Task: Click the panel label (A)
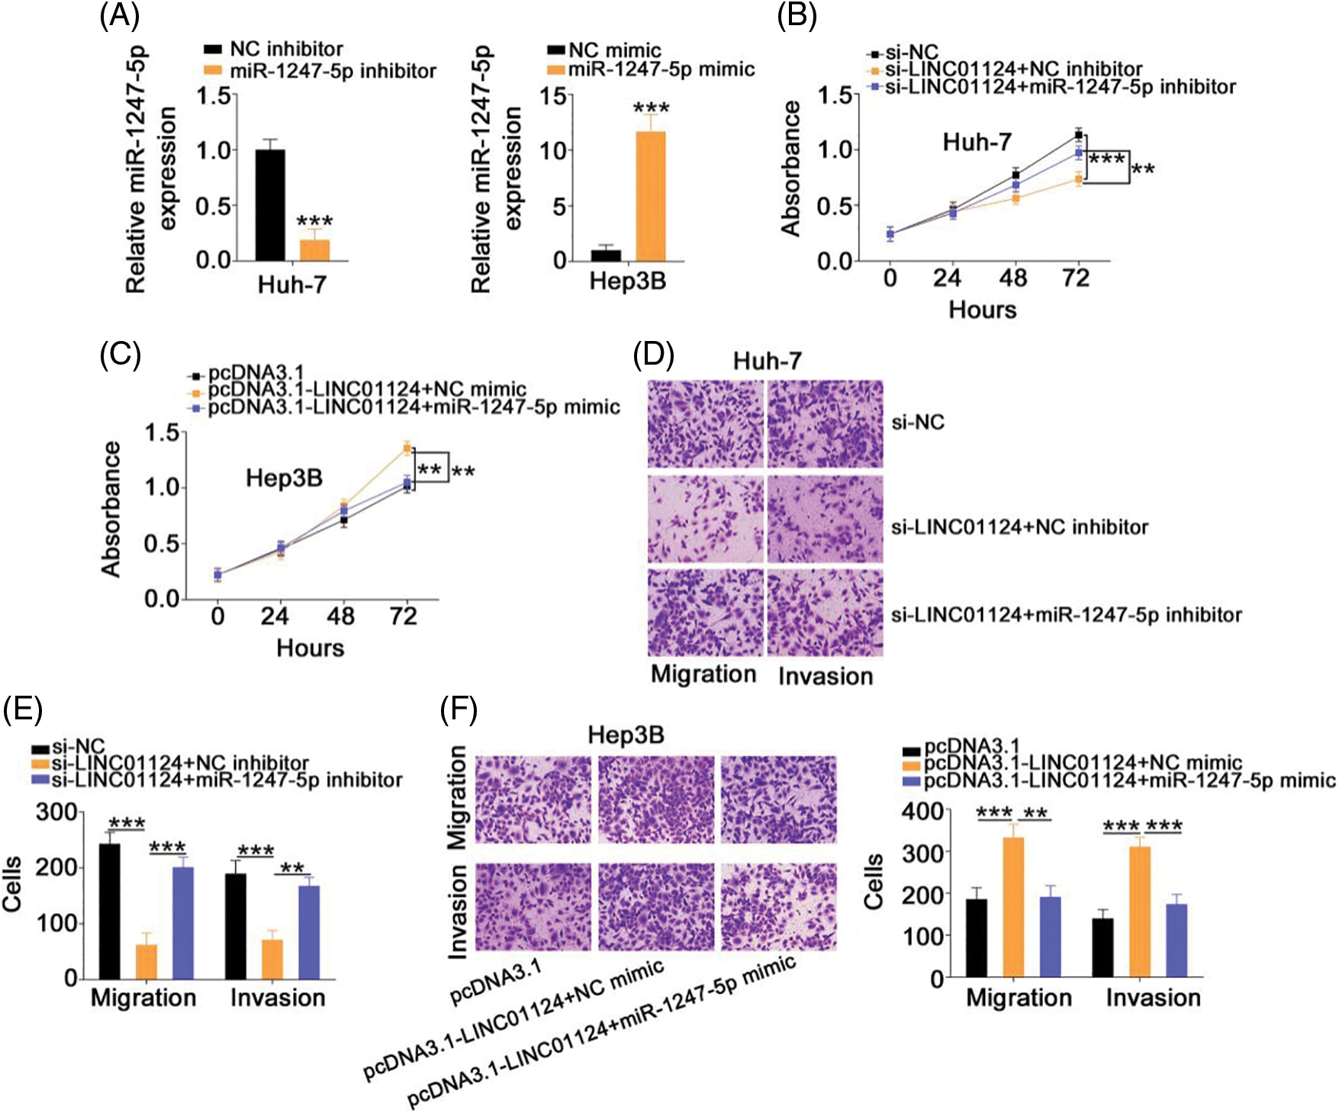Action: click(120, 17)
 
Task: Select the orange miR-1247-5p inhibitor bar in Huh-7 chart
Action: click(314, 250)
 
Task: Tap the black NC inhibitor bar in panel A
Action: click(270, 205)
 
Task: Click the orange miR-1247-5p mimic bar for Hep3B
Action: click(650, 196)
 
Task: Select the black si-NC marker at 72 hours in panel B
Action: click(1078, 135)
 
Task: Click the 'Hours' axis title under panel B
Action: click(983, 310)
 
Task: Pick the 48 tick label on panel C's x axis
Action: click(340, 616)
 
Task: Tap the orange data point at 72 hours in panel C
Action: click(407, 448)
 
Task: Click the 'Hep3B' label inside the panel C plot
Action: click(284, 479)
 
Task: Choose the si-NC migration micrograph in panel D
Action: click(705, 424)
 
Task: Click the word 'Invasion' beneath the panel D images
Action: click(826, 677)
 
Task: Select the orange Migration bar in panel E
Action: click(146, 961)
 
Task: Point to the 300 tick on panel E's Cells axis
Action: click(57, 812)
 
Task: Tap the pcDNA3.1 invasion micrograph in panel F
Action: click(533, 907)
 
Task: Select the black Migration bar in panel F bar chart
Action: click(976, 938)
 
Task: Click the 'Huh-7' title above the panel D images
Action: click(768, 361)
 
